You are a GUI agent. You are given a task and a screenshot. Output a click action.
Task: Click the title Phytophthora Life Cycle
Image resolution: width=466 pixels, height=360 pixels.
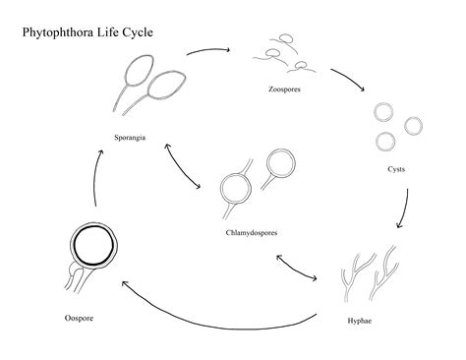click(87, 32)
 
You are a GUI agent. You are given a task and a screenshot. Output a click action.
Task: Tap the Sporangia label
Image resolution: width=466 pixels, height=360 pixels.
click(130, 137)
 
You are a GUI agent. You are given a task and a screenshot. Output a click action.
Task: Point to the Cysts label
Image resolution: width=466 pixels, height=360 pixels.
click(396, 169)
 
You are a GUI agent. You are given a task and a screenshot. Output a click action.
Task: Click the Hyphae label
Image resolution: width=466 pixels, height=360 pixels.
click(360, 320)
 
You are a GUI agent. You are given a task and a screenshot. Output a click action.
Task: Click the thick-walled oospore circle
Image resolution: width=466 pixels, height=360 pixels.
click(91, 245)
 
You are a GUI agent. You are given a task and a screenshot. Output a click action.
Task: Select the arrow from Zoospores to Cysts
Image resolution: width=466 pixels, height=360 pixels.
click(349, 81)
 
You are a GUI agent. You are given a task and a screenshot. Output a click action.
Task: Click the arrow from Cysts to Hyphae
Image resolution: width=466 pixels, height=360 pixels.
click(404, 205)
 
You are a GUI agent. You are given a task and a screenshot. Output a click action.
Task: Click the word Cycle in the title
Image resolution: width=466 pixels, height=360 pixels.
click(138, 32)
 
